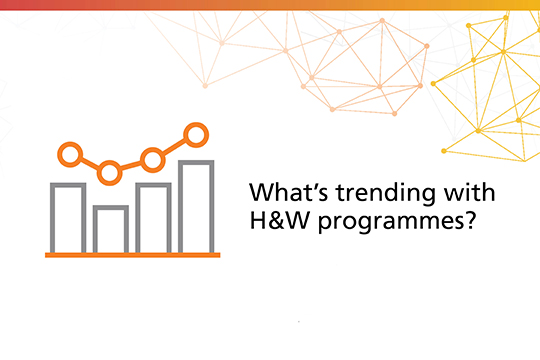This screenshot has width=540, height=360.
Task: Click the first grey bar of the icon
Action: pos(68,217)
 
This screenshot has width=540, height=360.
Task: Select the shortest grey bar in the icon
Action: pos(109,229)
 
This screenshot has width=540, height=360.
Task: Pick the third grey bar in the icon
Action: pos(153,217)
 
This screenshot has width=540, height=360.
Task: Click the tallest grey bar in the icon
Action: pos(195,206)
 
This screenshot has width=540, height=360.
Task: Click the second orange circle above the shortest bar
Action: pos(109,172)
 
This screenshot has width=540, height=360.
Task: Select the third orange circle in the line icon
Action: pos(153,158)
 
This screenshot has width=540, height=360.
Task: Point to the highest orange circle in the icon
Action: pos(196,132)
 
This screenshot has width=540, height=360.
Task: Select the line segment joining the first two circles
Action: pos(89,163)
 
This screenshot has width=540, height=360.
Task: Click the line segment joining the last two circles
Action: pos(175,145)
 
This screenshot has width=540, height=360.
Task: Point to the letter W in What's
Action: pos(259,192)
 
